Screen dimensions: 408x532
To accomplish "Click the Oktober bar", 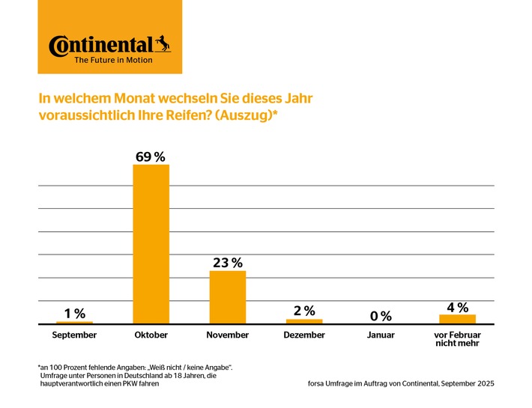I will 151,244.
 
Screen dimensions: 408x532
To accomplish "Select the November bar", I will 227,297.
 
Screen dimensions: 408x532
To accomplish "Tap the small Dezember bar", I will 304,321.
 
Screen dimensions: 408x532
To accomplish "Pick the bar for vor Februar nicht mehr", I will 456,319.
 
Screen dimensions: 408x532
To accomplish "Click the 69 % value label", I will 151,156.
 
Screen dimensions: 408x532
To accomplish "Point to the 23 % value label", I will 227,263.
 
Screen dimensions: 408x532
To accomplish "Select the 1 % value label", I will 74,314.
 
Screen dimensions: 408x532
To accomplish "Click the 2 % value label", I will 304,311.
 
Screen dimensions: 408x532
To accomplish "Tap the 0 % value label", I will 381,316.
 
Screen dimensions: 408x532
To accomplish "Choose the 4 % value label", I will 457,307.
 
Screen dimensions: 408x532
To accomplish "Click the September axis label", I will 74,335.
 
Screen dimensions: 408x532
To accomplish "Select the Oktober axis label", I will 151,335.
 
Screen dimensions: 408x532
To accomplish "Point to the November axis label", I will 227,335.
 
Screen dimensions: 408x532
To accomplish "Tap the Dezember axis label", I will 304,335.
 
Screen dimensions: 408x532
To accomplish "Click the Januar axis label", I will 381,335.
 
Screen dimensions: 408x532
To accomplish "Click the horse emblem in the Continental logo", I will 163,43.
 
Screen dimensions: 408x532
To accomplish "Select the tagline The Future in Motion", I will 113,60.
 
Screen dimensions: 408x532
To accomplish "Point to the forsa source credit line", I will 401,384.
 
